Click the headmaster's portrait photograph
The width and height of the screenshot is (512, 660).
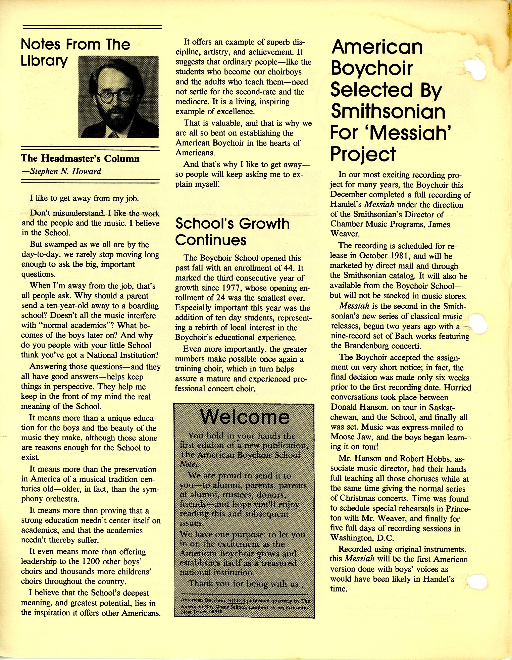118,97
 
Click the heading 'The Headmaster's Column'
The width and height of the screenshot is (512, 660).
80,158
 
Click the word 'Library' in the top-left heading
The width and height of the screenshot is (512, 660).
44,61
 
